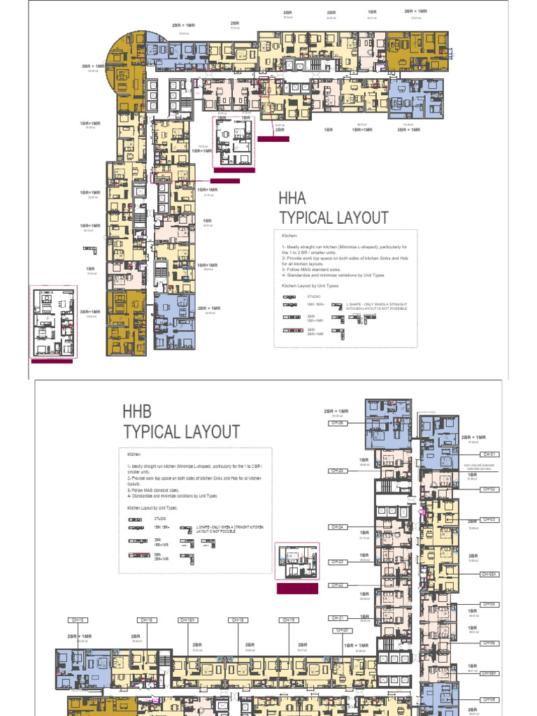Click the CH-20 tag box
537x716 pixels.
343,630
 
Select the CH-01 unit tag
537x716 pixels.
489,454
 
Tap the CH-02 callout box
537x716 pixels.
489,489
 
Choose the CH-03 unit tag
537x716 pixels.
489,520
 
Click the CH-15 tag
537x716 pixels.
77,620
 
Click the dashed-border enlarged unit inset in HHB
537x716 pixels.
297,561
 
